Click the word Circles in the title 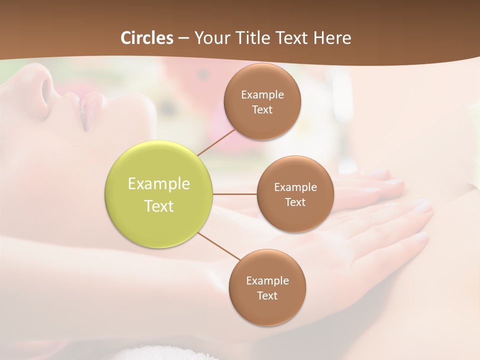pos(147,38)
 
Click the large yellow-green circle pos(158,194)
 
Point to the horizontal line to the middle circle pos(234,193)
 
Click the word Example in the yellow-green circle pos(158,183)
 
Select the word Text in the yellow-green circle pos(158,206)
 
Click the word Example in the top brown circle pos(262,94)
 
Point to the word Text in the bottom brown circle pos(267,295)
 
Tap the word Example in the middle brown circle pos(295,187)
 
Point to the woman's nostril pos(46,88)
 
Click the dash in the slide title pos(183,38)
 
